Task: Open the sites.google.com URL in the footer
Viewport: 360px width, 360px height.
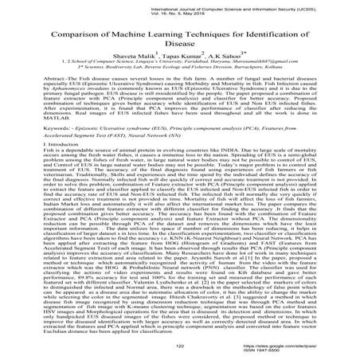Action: click(290, 347)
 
